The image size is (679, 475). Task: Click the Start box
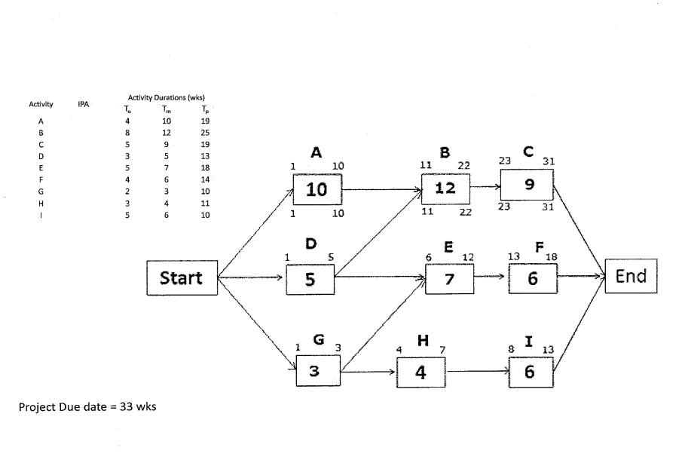tap(182, 278)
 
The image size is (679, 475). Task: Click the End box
tap(631, 276)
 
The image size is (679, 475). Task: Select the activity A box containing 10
tap(317, 189)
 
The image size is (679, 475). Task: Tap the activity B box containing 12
tap(445, 188)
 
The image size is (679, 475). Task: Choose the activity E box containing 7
tap(449, 279)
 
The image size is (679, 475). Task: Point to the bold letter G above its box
tap(318, 339)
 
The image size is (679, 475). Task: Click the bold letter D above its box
tap(310, 244)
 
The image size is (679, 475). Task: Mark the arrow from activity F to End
tap(581, 277)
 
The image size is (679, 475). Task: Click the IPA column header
tap(84, 104)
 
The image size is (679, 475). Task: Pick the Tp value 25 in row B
tap(205, 132)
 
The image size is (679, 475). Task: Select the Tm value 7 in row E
tap(167, 167)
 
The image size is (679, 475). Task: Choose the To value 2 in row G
tap(128, 192)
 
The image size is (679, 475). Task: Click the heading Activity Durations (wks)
tap(167, 97)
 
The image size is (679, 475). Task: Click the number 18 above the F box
tap(551, 257)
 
